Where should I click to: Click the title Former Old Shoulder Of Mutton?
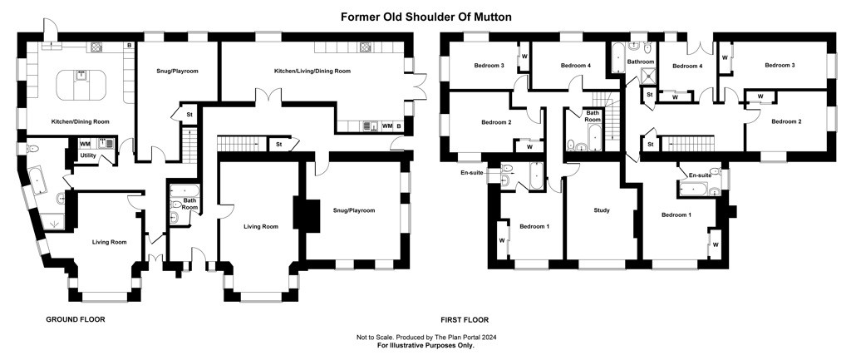(426, 17)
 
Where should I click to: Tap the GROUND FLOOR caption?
(76, 320)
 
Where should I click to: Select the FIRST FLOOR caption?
(465, 320)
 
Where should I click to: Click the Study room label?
(602, 210)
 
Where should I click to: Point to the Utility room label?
(88, 155)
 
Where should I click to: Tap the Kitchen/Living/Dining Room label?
(312, 72)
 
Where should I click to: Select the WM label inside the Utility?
(86, 144)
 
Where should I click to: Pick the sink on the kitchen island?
(81, 75)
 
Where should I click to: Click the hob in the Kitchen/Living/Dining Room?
(364, 47)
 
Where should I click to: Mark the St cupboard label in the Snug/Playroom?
(189, 115)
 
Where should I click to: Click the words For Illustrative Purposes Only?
(426, 345)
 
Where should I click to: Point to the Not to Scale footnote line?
(426, 338)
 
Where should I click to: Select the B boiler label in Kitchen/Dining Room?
(129, 46)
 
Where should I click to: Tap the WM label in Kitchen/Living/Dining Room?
(387, 126)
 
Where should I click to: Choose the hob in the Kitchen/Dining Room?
(96, 47)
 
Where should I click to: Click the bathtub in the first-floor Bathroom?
(619, 58)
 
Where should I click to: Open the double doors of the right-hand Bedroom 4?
(698, 47)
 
